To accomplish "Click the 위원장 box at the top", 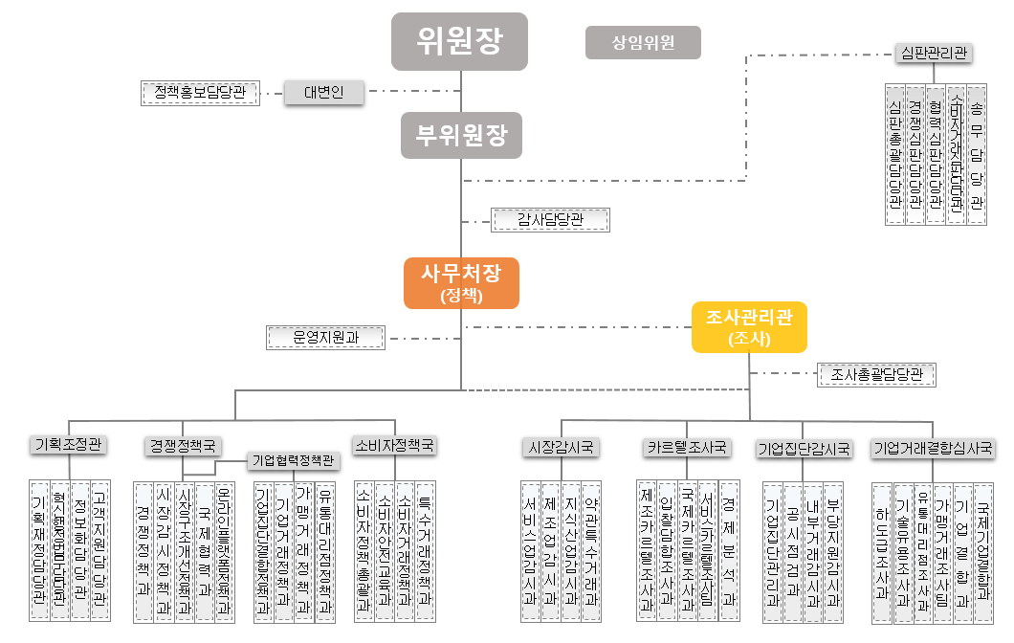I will pos(459,41).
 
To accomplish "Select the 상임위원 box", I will pos(643,43).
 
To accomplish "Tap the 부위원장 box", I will pos(461,135).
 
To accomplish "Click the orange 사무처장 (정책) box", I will pos(461,282).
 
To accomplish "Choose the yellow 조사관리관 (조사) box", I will pos(749,326).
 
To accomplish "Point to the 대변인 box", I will pos(324,93).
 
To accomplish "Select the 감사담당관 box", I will pos(550,220).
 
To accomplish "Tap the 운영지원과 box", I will pos(324,337).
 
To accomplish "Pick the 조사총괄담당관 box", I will pos(876,375).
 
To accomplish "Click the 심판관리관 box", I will pos(933,53).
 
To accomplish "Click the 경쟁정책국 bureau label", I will pos(184,446).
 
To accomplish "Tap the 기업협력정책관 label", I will pos(295,461).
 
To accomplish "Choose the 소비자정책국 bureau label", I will pos(394,446).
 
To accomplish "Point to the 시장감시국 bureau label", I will pos(562,447).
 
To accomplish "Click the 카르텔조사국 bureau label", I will pos(687,447).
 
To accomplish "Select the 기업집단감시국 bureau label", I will pos(804,448).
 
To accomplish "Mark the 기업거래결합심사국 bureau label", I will pos(933,448).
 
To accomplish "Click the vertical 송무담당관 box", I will pos(976,153).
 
